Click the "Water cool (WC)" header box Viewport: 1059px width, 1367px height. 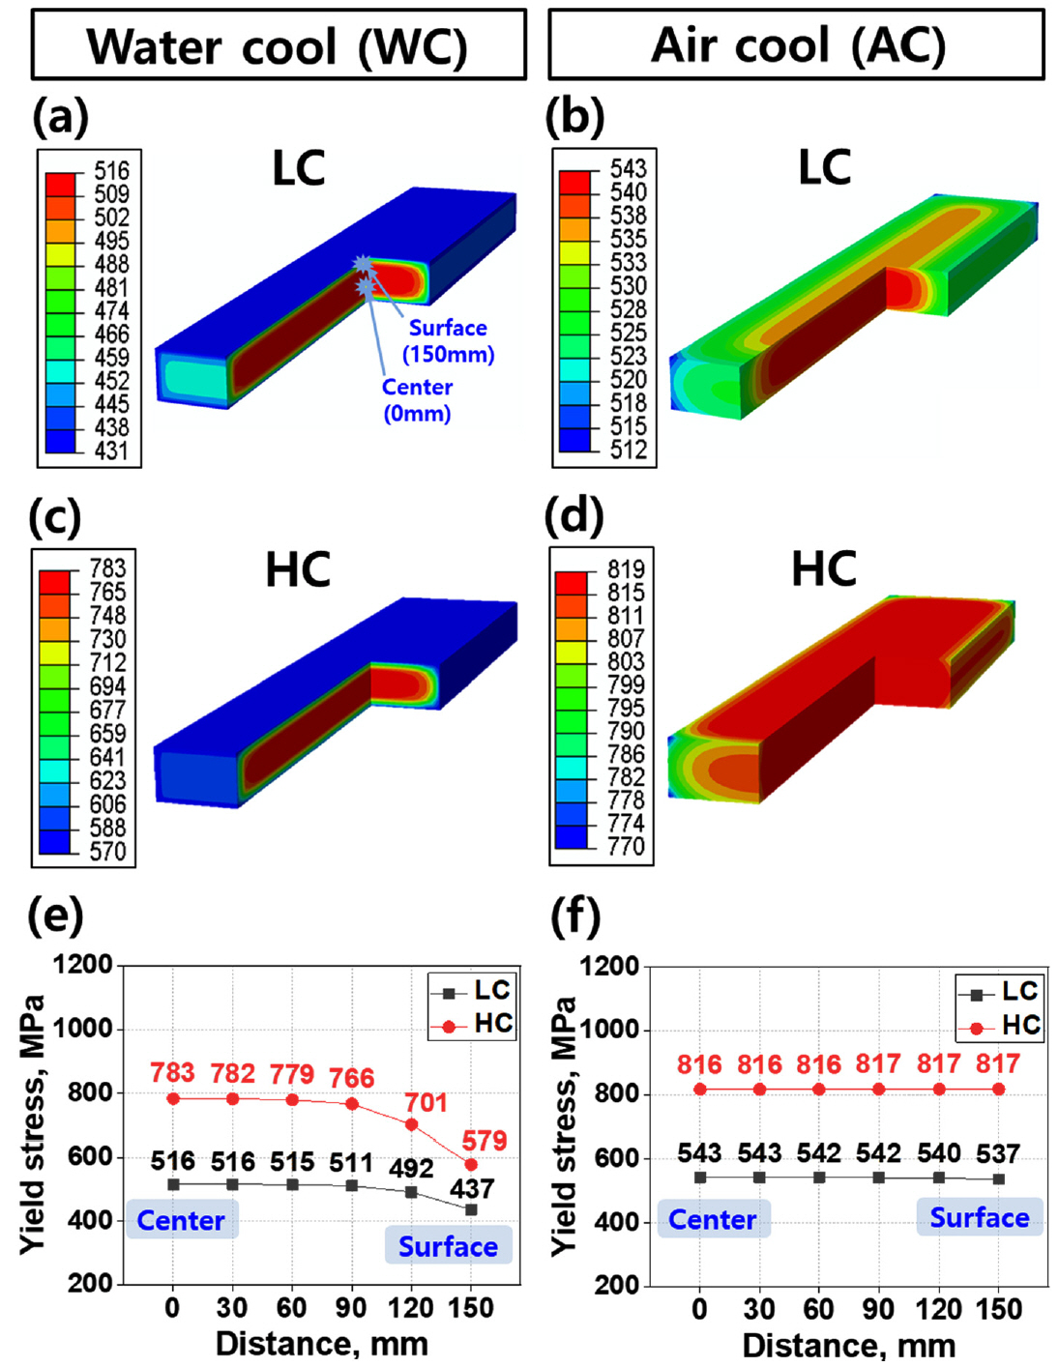tap(279, 45)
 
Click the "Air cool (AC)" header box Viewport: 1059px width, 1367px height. tap(797, 44)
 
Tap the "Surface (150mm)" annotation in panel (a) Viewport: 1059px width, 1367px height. tap(448, 340)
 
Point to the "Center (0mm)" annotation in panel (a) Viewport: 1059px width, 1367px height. tap(417, 399)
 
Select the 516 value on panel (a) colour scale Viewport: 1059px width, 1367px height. tap(111, 171)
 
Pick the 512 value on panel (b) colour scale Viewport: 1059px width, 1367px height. tap(628, 450)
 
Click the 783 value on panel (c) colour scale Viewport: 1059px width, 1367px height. tap(107, 567)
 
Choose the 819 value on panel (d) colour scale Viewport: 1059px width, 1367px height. tap(626, 568)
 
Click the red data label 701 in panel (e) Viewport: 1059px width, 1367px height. tap(426, 1102)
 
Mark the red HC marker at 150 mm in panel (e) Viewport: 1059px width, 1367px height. tap(471, 1165)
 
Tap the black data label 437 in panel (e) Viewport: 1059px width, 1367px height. tap(471, 1188)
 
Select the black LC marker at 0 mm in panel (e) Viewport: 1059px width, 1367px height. tap(173, 1184)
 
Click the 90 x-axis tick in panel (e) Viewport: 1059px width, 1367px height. tap(351, 1307)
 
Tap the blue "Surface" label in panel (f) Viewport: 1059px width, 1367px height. tap(979, 1217)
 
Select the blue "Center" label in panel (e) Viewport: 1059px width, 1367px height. tap(181, 1220)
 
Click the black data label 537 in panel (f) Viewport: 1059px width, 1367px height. tap(998, 1153)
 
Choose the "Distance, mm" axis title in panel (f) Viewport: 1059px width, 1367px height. tap(848, 1345)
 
